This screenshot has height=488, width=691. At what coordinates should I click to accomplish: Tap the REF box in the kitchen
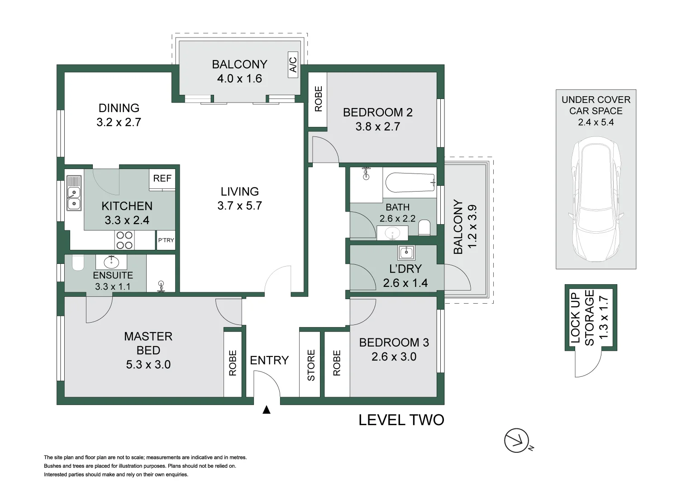pyautogui.click(x=162, y=178)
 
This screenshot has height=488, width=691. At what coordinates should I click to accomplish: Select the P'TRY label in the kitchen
pyautogui.click(x=166, y=240)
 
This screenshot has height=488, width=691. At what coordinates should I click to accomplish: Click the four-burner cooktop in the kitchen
pyautogui.click(x=124, y=240)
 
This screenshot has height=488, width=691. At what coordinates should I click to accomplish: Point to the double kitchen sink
pyautogui.click(x=74, y=199)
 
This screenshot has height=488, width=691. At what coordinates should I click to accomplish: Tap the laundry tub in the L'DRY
pyautogui.click(x=406, y=252)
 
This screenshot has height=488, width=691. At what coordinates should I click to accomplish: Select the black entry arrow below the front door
pyautogui.click(x=267, y=410)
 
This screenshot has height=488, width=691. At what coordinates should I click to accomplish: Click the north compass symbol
pyautogui.click(x=517, y=440)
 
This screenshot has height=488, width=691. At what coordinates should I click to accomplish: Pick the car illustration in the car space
pyautogui.click(x=596, y=199)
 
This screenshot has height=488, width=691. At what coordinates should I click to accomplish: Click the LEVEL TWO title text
pyautogui.click(x=401, y=420)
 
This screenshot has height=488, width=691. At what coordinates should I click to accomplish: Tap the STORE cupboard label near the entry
pyautogui.click(x=311, y=365)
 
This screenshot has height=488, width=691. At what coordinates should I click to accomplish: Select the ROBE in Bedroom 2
pyautogui.click(x=318, y=99)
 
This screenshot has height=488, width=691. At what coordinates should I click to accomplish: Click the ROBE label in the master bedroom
pyautogui.click(x=233, y=363)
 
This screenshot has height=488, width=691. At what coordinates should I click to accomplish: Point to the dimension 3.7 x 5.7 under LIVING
pyautogui.click(x=239, y=206)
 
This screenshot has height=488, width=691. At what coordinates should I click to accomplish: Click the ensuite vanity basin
pyautogui.click(x=111, y=262)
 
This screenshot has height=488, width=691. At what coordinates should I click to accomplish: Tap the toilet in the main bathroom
pyautogui.click(x=424, y=227)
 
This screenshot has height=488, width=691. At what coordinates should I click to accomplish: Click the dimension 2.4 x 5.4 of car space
pyautogui.click(x=596, y=122)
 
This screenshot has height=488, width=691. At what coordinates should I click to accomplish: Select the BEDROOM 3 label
pyautogui.click(x=394, y=343)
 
